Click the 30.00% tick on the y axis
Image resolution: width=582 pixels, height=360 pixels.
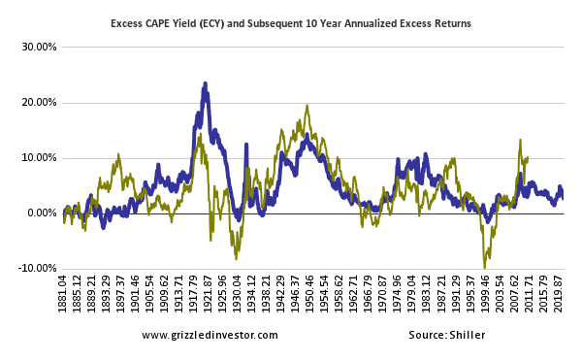tap(37, 47)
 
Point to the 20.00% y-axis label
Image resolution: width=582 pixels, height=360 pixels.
tap(37, 102)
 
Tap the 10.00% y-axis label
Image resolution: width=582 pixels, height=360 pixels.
tap(37, 157)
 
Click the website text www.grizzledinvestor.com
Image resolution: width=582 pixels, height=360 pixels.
tap(210, 335)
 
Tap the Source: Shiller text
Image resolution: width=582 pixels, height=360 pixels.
tap(446, 335)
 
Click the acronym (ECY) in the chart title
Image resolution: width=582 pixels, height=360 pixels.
tap(231, 21)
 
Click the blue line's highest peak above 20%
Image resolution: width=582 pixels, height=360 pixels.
tap(205, 84)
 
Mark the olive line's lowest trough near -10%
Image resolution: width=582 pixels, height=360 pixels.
tap(485, 267)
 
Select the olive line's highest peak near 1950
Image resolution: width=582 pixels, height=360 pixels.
tap(307, 106)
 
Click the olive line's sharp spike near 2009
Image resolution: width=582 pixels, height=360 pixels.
tap(520, 141)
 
